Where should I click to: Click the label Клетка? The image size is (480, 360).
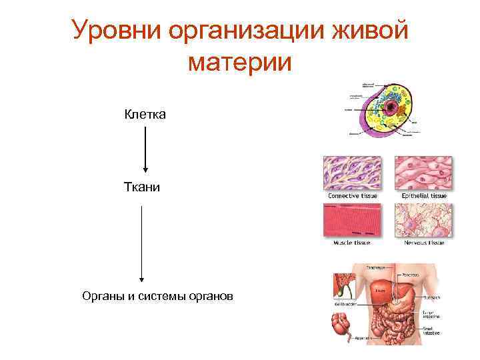(145, 115)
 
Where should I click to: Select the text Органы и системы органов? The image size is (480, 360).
(157, 295)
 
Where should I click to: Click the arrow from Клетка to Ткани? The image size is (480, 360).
(145, 149)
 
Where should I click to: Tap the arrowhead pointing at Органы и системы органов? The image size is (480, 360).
(141, 281)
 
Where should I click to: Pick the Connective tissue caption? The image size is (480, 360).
(352, 197)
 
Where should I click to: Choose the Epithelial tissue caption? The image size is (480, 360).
(424, 197)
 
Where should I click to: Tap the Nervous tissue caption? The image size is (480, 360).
(424, 243)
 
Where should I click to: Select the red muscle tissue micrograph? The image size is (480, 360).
(352, 221)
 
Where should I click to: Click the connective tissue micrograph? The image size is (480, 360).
(352, 174)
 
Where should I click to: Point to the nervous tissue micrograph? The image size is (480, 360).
(423, 221)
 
